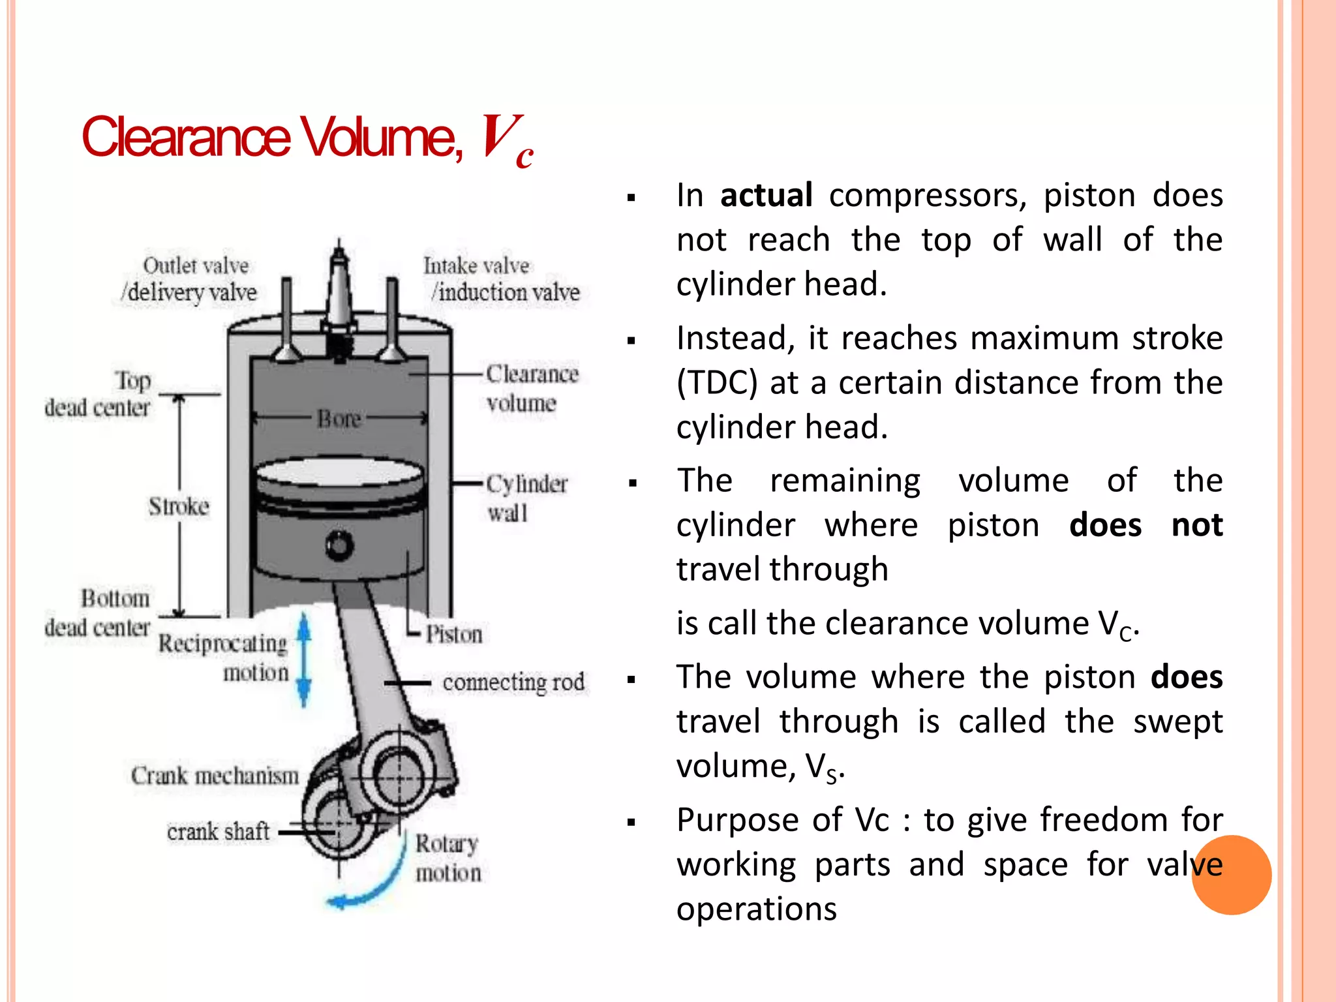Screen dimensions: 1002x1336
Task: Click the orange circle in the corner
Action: (1231, 875)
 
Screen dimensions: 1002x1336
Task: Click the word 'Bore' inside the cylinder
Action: (339, 418)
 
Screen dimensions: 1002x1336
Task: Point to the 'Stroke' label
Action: (179, 506)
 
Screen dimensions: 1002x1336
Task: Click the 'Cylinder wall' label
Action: (526, 498)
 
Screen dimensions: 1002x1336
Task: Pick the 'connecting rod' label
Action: (513, 682)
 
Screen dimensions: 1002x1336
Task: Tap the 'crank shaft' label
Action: (218, 832)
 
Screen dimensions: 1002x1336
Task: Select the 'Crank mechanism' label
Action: (215, 776)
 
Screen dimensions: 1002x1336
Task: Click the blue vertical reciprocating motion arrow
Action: (304, 659)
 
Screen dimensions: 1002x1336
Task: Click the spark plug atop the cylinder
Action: (339, 294)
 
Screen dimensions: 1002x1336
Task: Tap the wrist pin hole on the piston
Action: (339, 545)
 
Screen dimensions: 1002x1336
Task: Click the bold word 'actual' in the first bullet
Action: (766, 195)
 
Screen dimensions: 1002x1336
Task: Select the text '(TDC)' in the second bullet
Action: (716, 382)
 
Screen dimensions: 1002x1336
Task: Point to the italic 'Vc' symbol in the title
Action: (506, 140)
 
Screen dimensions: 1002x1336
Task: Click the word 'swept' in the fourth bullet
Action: (1177, 721)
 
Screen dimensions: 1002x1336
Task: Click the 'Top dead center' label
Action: (98, 394)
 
